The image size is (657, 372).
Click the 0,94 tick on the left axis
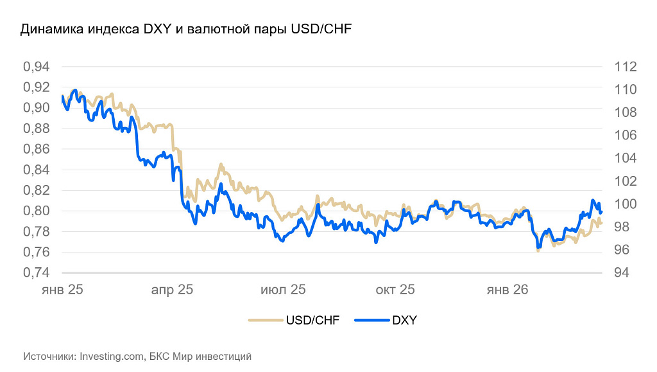(x=36, y=67)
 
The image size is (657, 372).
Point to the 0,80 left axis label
(x=36, y=211)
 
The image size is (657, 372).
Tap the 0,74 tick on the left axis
(x=36, y=272)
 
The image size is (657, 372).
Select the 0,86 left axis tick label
(x=36, y=149)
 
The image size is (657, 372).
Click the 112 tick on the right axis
(x=624, y=67)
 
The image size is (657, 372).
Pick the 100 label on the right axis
(x=624, y=204)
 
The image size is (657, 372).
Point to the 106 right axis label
(x=624, y=136)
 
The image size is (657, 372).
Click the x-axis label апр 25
(x=172, y=290)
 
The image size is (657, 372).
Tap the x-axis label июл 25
(x=283, y=290)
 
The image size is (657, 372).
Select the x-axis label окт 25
(x=395, y=290)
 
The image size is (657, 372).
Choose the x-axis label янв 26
(x=507, y=290)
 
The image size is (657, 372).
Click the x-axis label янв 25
(x=62, y=290)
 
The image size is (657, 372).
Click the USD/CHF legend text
(x=313, y=320)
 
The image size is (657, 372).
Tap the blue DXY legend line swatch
(x=371, y=320)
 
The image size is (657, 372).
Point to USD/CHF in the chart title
(x=321, y=30)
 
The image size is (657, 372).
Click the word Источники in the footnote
(x=49, y=355)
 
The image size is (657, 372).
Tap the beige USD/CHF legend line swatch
(x=265, y=320)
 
